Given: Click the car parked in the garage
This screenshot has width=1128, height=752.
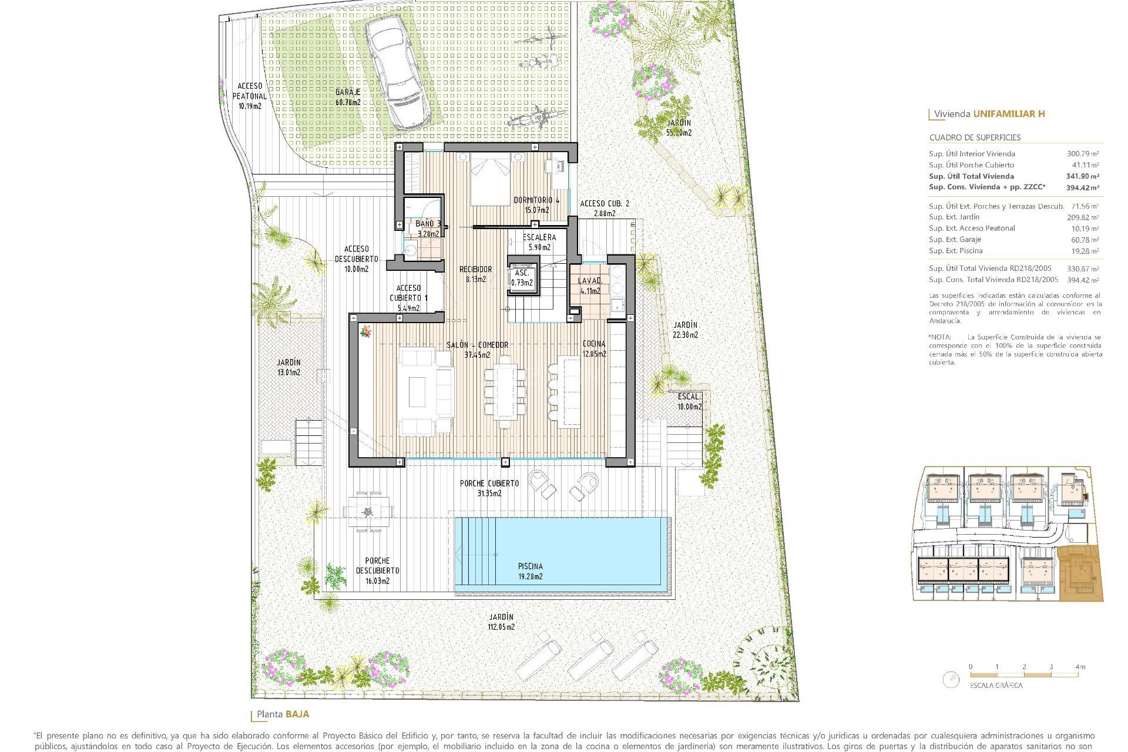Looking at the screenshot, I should [x=398, y=72].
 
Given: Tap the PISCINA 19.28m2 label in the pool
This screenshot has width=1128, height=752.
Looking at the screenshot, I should [x=530, y=571].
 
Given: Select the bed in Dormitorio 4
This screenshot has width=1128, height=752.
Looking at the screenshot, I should [x=490, y=179].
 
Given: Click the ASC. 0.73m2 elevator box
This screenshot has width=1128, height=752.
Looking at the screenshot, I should [x=522, y=278].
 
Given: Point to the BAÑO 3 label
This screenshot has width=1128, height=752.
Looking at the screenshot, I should [x=428, y=224].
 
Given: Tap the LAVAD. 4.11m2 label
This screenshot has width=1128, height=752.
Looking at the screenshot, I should [x=590, y=286].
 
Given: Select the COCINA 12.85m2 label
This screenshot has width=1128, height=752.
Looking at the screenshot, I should [x=594, y=348].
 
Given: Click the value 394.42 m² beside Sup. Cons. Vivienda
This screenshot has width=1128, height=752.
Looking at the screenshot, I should [x=1082, y=187].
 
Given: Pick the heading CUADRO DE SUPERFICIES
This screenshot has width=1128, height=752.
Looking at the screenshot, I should [x=975, y=137].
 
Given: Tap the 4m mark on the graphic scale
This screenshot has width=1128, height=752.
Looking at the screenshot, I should [x=1079, y=667].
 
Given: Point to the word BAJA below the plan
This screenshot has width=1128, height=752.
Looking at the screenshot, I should [x=297, y=714].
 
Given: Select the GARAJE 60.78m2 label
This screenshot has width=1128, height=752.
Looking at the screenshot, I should [x=348, y=97].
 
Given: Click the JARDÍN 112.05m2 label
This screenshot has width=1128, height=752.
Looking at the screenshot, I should [x=501, y=622].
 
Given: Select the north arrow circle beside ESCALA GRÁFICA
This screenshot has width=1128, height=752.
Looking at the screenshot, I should [x=950, y=680].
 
